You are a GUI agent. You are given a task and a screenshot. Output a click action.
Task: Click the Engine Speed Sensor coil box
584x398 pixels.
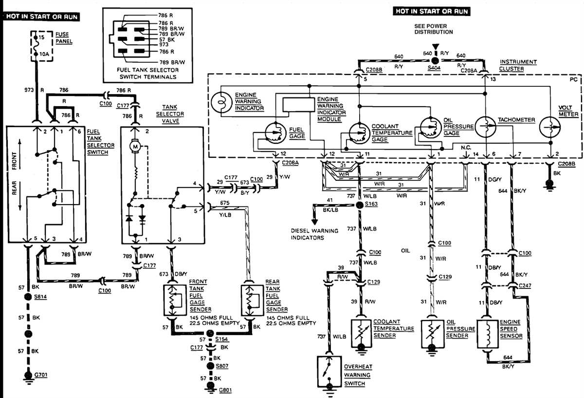click(x=488, y=334)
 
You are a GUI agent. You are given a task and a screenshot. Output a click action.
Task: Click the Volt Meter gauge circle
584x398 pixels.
click(x=550, y=130)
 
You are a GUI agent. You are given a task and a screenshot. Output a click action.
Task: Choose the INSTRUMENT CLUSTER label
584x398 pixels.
click(x=518, y=65)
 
